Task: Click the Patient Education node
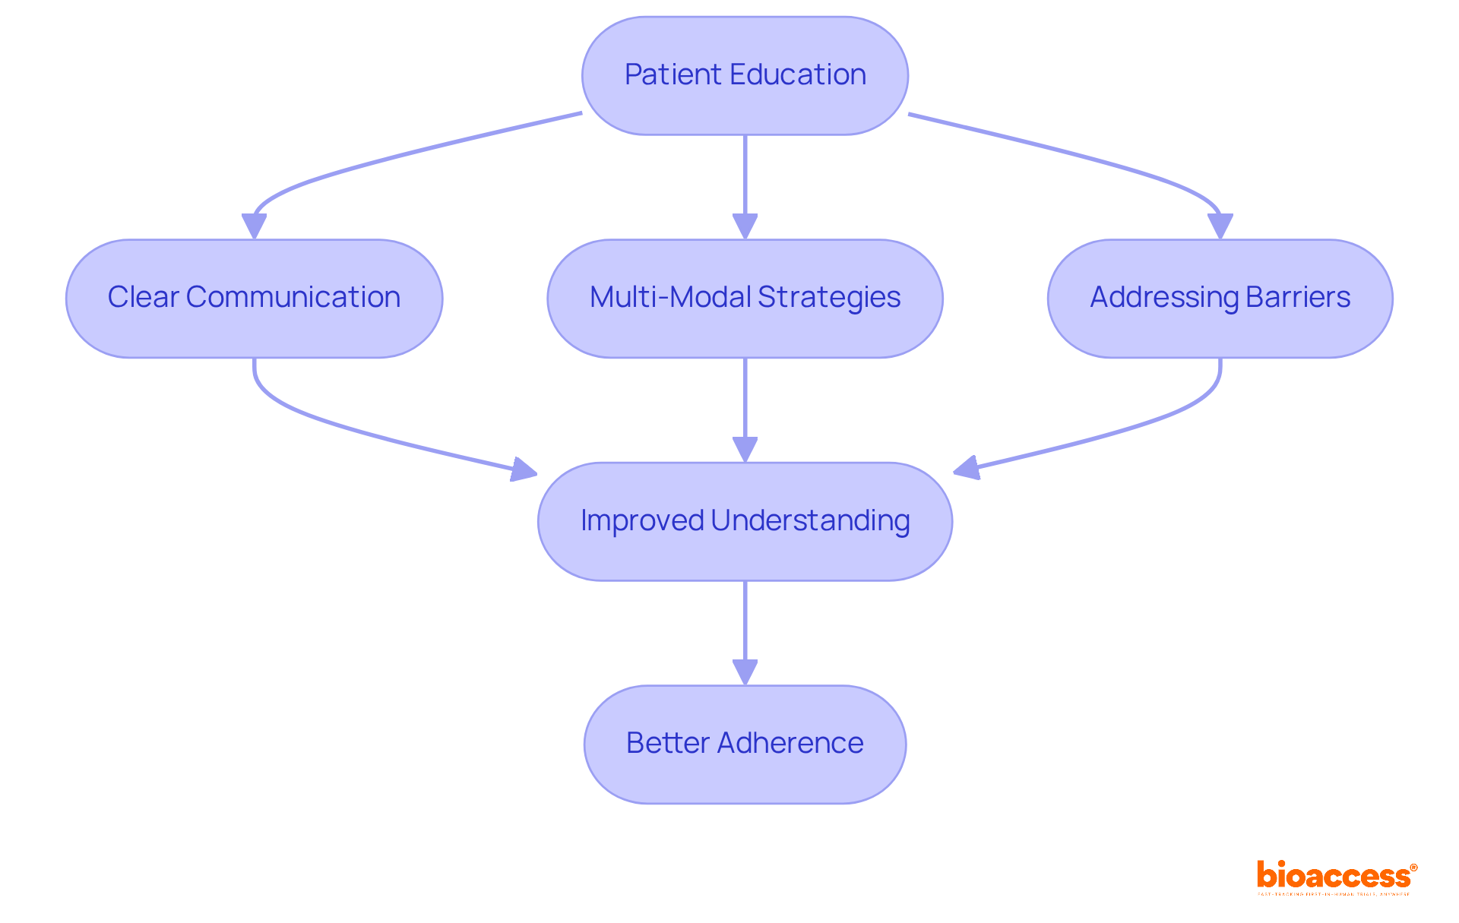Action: click(x=745, y=76)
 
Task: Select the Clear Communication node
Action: click(x=254, y=299)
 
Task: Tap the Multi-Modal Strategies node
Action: click(x=745, y=299)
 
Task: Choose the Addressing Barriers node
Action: click(x=1220, y=299)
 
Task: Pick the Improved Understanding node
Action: click(x=745, y=521)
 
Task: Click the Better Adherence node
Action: click(x=745, y=744)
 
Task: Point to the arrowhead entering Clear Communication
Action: click(x=254, y=226)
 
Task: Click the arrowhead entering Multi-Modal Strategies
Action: click(x=745, y=226)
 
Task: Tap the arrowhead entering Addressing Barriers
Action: click(x=1220, y=226)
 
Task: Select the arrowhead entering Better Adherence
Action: click(x=745, y=672)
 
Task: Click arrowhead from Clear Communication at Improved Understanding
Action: click(x=524, y=469)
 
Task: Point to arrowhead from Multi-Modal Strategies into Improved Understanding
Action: click(x=745, y=449)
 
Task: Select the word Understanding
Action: click(x=810, y=521)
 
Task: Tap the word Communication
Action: click(x=293, y=298)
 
